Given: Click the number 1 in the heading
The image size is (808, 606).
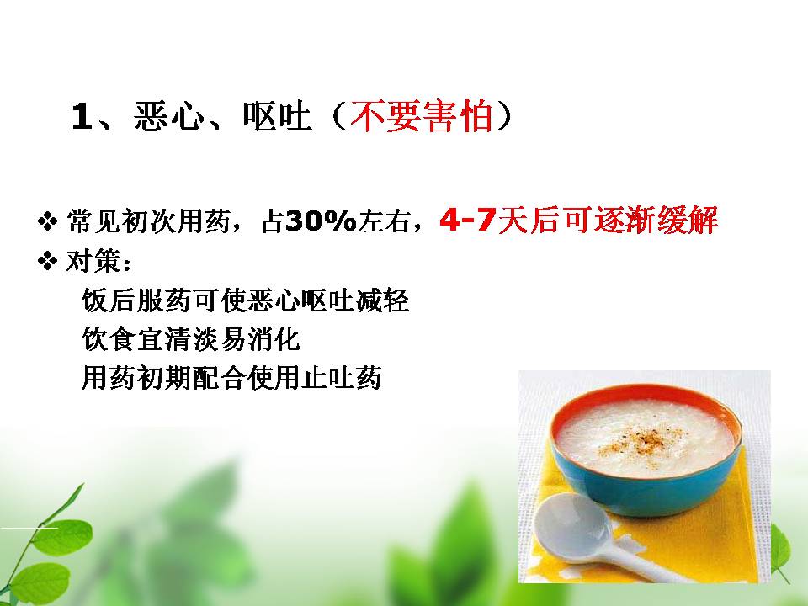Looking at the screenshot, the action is [82, 116].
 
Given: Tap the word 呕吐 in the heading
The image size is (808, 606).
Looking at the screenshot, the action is [277, 116].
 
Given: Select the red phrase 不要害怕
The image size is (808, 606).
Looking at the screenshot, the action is [421, 116].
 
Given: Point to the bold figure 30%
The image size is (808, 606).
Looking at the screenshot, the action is [321, 221].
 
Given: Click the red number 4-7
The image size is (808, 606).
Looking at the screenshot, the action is [468, 221].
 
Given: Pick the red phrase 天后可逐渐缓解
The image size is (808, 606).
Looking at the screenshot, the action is [608, 221].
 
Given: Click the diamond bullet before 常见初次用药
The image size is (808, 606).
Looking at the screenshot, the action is [47, 222].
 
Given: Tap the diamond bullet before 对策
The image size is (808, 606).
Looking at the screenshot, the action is [47, 261].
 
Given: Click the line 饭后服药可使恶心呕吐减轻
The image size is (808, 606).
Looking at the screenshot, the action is [245, 300].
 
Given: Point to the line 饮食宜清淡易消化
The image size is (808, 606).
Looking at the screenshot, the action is [191, 339].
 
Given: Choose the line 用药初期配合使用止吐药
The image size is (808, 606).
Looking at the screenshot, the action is [231, 378].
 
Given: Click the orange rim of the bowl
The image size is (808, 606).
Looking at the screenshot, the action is [646, 394].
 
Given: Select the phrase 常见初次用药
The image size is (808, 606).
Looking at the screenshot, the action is [148, 222].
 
